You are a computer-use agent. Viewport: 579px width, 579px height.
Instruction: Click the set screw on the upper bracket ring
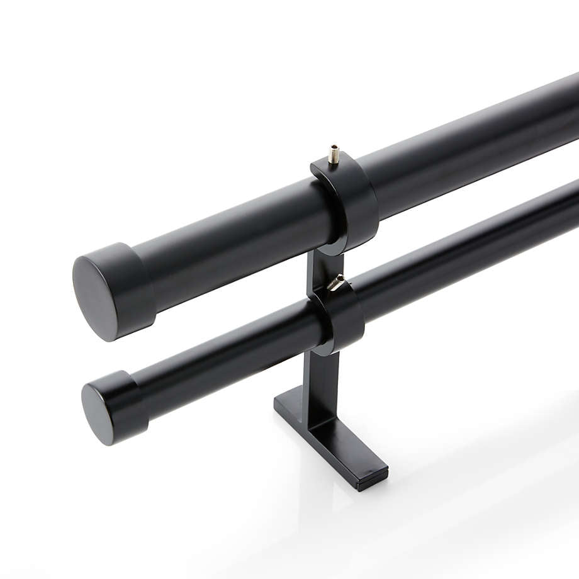coord(334,153)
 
